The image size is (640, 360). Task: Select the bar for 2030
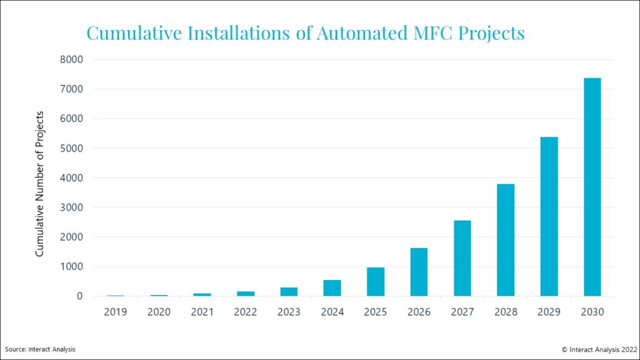tap(592, 187)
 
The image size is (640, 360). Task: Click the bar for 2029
tap(549, 216)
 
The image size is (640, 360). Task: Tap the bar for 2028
tap(506, 240)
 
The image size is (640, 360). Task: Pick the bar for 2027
tap(462, 258)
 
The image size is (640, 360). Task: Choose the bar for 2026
tap(419, 272)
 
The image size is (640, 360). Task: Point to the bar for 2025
tap(376, 282)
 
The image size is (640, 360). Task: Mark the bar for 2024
tap(332, 288)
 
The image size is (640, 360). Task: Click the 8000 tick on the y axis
tap(71, 59)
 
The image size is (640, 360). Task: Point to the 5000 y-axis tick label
tap(71, 148)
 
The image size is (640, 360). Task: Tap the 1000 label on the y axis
tap(71, 266)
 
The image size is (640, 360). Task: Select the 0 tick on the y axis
tap(79, 296)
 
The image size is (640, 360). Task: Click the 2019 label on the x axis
tap(116, 312)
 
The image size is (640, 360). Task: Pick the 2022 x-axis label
tap(245, 312)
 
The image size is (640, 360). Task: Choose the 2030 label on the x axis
tap(592, 312)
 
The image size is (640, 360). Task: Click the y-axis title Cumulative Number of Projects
tap(39, 184)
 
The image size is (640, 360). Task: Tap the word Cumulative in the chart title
tap(134, 33)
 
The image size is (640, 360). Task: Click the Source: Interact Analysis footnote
tap(40, 349)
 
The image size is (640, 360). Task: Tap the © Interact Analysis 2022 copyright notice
tap(599, 349)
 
